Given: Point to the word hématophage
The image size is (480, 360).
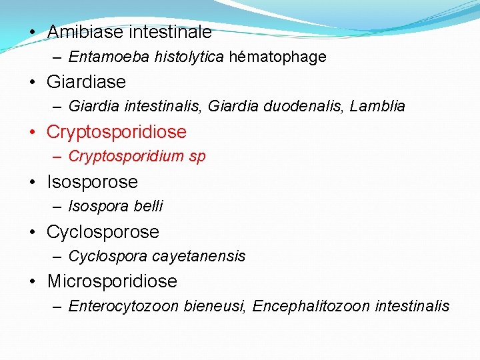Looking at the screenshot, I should coord(277,57).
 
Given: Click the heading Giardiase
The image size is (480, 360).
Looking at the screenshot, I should coord(86,82).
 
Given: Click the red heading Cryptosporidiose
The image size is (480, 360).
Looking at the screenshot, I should coord(117,132).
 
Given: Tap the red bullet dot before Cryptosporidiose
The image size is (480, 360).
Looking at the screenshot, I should coord(32,133).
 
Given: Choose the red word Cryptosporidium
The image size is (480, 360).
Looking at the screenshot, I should coord(126,157).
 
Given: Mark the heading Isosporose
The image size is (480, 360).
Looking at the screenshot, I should coord(92,182).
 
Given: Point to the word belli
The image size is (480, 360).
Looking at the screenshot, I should coord(148,207).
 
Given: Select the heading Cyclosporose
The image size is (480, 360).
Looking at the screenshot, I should coord(103,232).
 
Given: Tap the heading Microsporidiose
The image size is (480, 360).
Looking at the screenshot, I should coord(112,281).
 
